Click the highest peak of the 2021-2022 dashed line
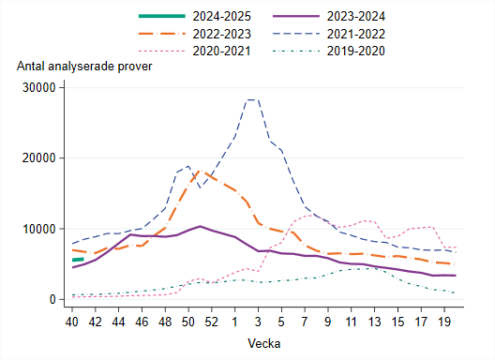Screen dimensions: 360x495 click(250, 99)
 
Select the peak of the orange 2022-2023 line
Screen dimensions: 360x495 click(199, 172)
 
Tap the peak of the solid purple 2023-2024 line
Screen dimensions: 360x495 click(199, 226)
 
